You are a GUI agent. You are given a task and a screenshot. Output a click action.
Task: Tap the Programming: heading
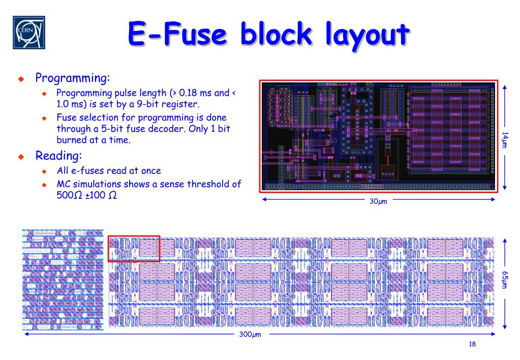[x=72, y=78]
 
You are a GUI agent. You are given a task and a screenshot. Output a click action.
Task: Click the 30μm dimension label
[x=378, y=201]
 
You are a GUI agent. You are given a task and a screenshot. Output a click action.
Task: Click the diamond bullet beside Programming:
[x=21, y=79]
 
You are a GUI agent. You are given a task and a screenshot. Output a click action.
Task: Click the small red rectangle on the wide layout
[x=134, y=248]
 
